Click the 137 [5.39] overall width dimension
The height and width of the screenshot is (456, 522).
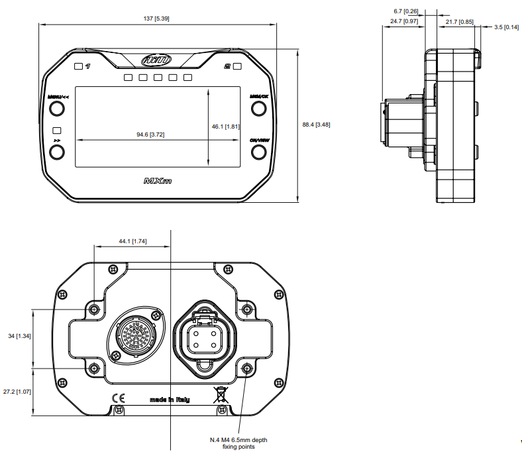coord(157,19)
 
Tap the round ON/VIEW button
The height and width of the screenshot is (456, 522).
coord(258,152)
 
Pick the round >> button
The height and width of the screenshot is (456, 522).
coord(57,153)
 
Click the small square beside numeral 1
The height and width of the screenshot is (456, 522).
coord(78,66)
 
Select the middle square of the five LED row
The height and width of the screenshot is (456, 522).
coord(158,78)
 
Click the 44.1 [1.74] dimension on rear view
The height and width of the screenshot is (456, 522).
coord(132,242)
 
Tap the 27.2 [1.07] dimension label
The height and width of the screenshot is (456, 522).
coord(17,392)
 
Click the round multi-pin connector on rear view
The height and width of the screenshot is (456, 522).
coord(135,335)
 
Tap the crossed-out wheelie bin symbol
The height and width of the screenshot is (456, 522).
coord(220,396)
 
